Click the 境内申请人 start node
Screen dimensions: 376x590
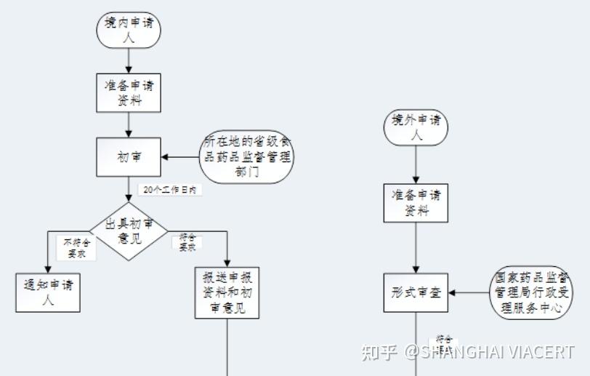tap(129, 30)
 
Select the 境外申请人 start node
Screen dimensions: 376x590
tap(416, 128)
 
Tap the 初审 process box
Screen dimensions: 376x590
tap(129, 156)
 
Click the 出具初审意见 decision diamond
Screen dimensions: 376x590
tap(129, 231)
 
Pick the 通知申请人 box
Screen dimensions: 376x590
tap(48, 292)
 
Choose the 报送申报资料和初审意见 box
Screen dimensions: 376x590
tap(227, 292)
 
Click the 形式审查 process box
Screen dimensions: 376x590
tap(416, 292)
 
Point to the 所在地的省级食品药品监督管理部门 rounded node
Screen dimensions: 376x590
tap(246, 156)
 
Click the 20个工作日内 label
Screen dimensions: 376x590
tap(169, 190)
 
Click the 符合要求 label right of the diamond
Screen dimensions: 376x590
tap(187, 242)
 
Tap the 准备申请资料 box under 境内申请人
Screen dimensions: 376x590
tap(129, 92)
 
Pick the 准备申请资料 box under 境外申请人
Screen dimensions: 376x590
tap(416, 203)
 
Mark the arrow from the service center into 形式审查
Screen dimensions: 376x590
tap(469, 292)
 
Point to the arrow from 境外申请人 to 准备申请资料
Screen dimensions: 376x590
tap(416, 164)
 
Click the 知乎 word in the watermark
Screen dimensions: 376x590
tap(379, 353)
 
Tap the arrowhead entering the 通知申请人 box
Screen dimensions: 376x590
tap(48, 270)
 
